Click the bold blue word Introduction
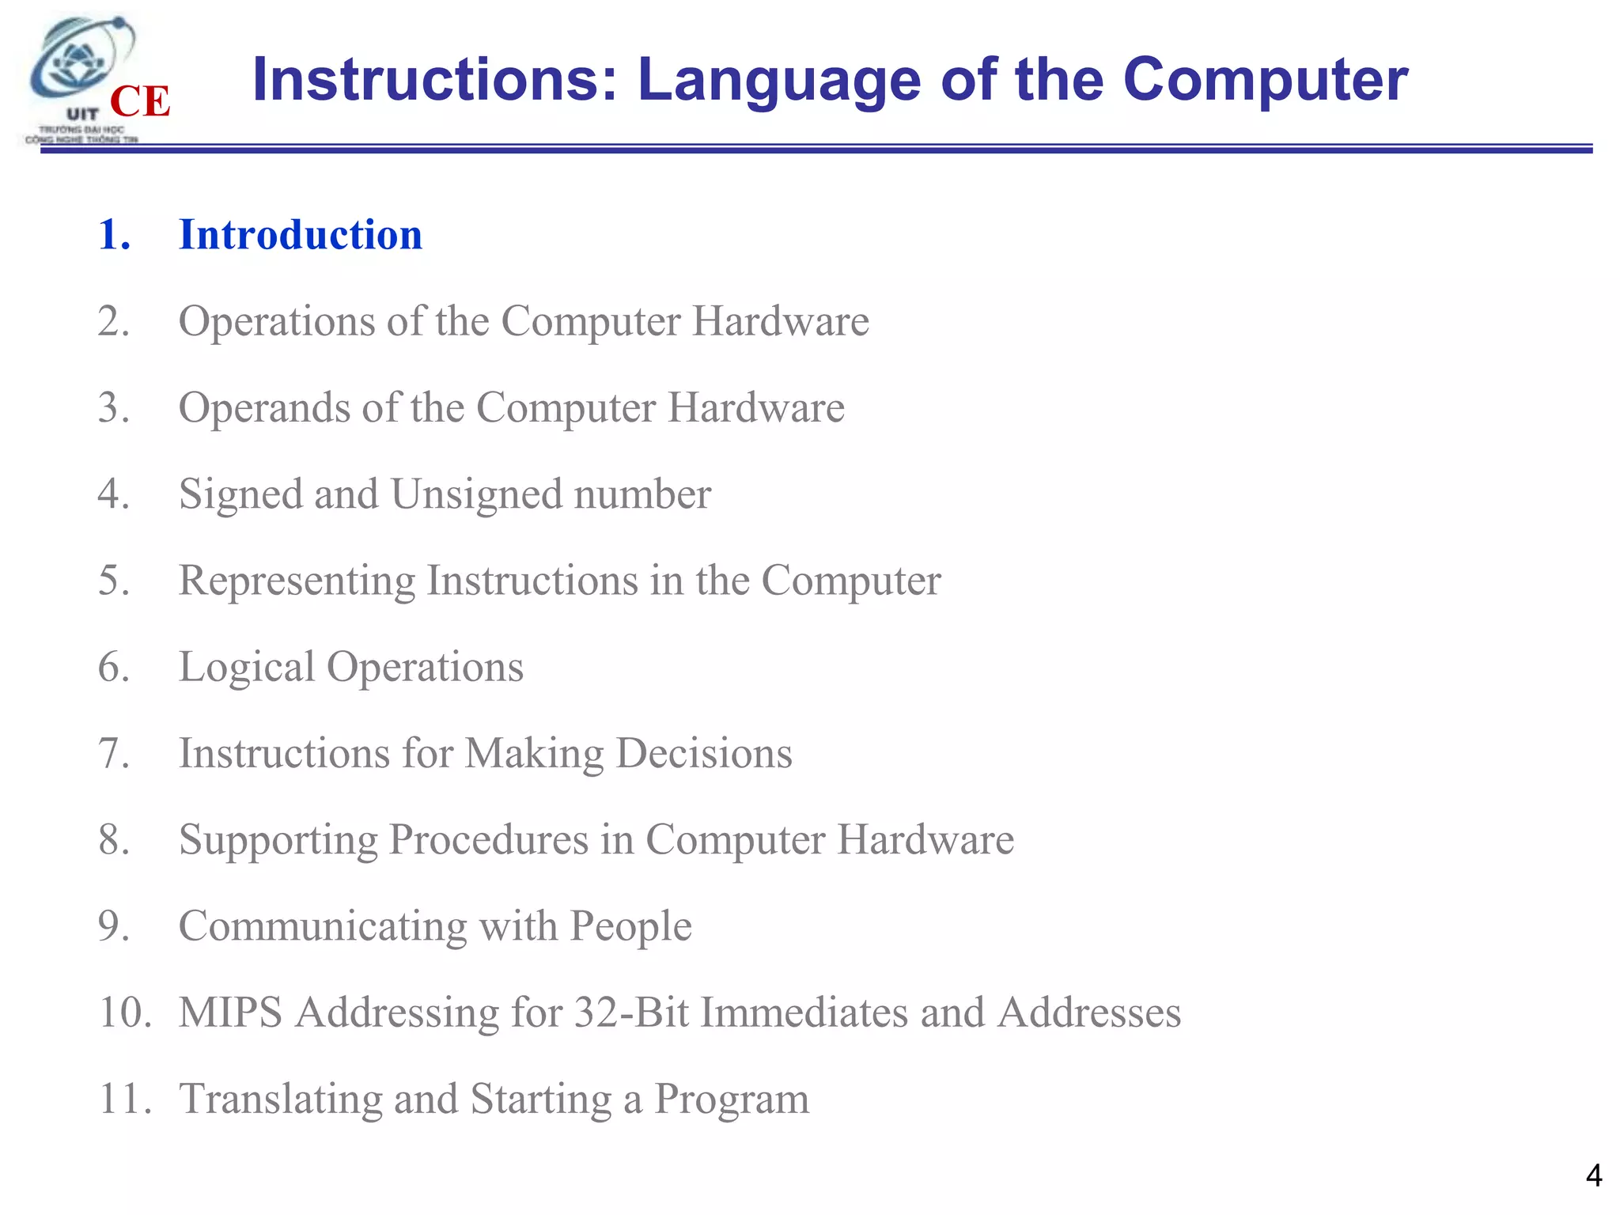point(301,235)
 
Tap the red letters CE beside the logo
point(140,102)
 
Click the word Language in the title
point(779,81)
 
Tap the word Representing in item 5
point(297,581)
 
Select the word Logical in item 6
point(246,668)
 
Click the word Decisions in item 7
point(704,753)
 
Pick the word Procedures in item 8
point(488,839)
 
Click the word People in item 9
point(630,926)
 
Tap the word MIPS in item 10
point(230,1012)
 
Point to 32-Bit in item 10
point(631,1012)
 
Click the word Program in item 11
point(732,1100)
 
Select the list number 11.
point(123,1100)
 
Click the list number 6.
point(114,668)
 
